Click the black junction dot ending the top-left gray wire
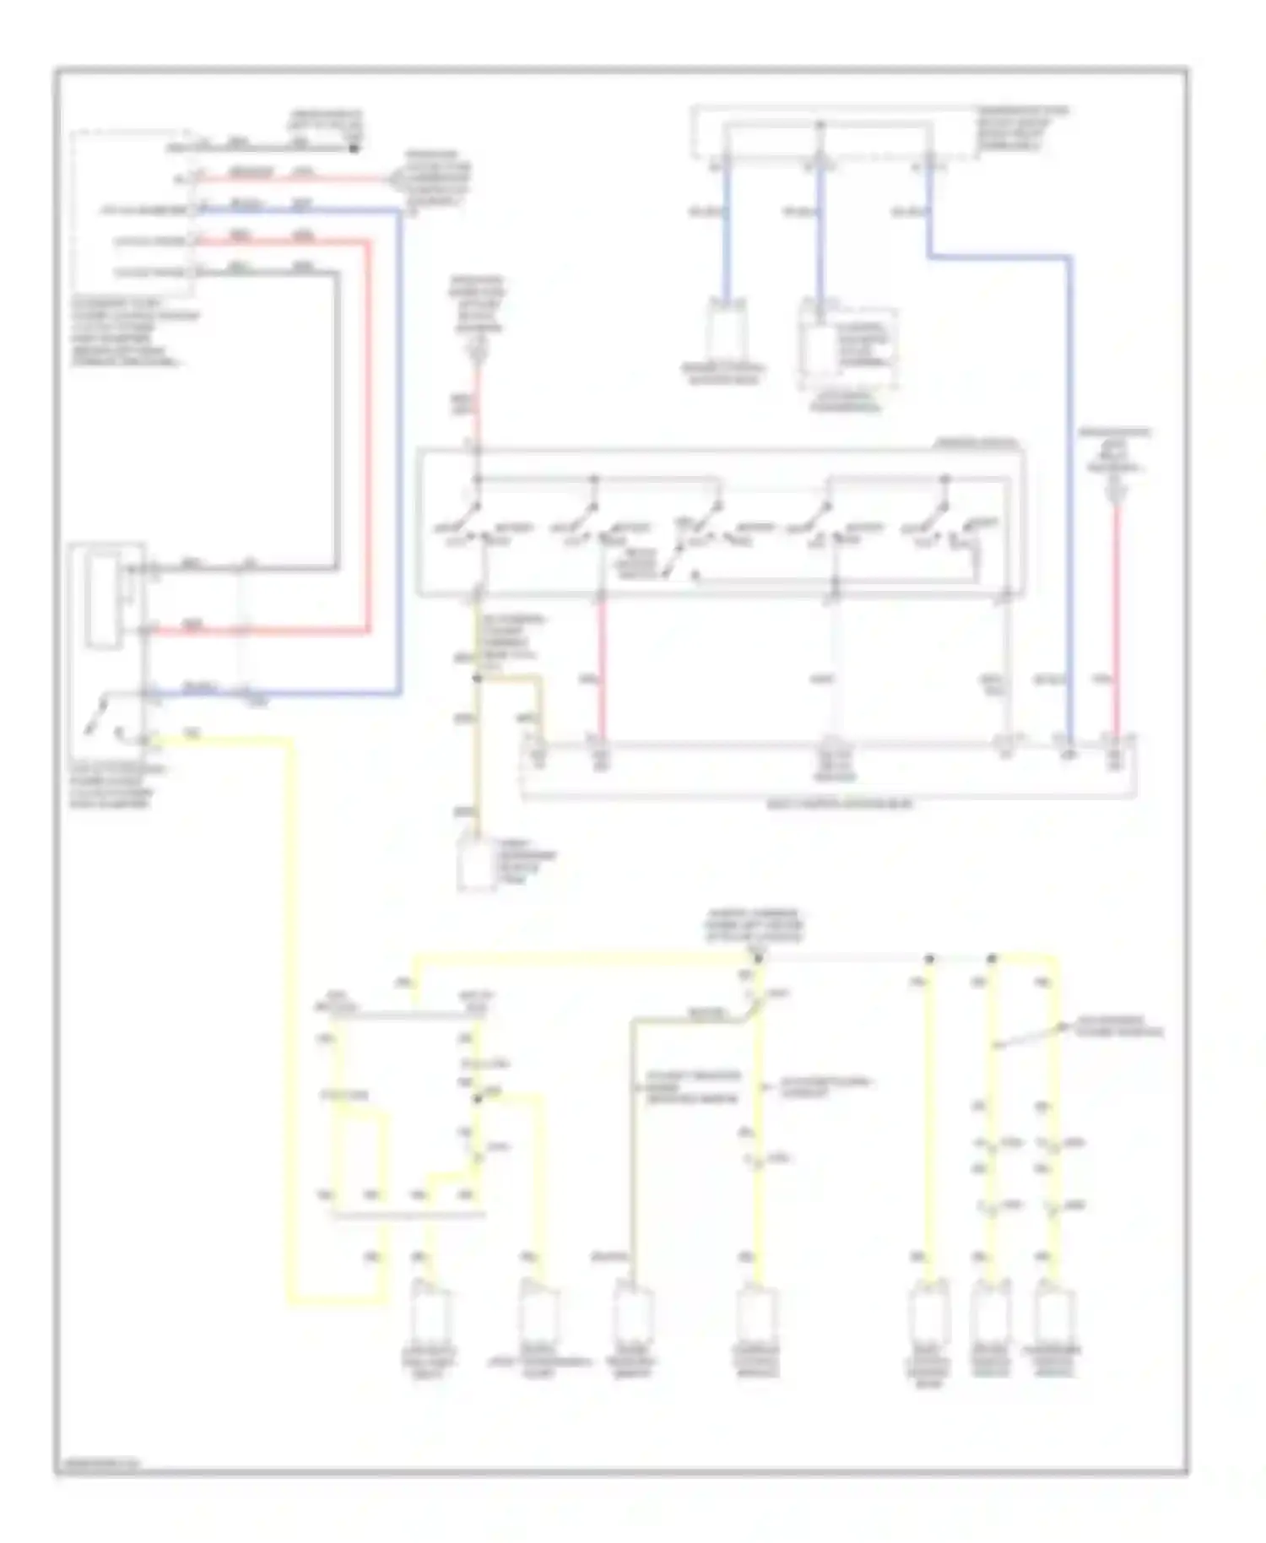[354, 149]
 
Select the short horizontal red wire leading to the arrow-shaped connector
[295, 178]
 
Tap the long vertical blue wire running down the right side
[1069, 506]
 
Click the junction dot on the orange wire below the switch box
[477, 678]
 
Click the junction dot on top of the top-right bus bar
[820, 125]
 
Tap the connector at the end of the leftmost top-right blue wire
[724, 333]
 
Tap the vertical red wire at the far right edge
[1117, 616]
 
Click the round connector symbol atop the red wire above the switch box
[478, 345]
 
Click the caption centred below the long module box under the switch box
[839, 805]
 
